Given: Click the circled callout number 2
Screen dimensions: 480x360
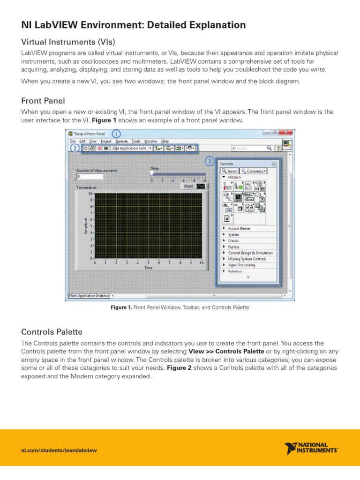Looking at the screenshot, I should (75, 148).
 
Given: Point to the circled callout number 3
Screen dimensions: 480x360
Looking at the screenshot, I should (210, 162).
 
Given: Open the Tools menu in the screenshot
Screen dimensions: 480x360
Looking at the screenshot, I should (136, 141).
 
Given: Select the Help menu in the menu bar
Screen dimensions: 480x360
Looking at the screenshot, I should (165, 141).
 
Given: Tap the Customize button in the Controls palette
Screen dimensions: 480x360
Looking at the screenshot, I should (254, 171).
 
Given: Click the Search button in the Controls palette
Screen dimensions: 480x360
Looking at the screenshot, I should (230, 171).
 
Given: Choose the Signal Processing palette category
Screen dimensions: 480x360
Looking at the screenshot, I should (241, 265).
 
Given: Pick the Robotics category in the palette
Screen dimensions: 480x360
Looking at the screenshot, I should (235, 271).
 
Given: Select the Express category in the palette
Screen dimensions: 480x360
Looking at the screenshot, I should (233, 247).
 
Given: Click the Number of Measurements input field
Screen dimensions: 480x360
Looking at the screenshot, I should (90, 177).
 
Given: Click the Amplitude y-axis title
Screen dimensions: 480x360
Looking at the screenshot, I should (86, 225).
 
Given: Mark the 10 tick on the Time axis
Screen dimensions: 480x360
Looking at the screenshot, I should (202, 263).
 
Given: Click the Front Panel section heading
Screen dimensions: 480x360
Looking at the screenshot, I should (43, 101).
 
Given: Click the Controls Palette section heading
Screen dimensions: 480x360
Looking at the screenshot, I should (52, 332).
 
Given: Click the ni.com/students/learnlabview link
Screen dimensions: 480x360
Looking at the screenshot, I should (59, 450).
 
